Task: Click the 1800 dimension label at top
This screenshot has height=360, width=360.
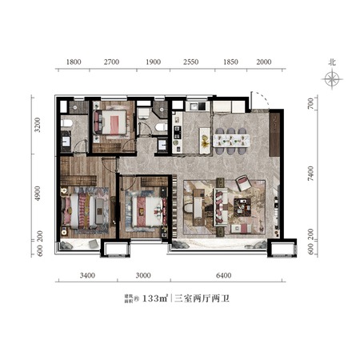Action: (x=74, y=62)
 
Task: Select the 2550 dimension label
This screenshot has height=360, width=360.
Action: (x=191, y=62)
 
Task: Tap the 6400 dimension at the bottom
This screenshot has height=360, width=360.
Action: (x=223, y=275)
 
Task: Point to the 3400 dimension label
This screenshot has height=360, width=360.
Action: (x=87, y=275)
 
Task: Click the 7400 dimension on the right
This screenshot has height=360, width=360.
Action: (x=310, y=174)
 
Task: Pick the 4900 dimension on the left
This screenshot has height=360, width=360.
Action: (x=38, y=194)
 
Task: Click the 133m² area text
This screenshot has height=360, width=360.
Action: (x=155, y=298)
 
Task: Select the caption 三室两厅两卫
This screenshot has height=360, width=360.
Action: (x=202, y=298)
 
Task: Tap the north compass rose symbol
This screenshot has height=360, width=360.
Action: (x=332, y=79)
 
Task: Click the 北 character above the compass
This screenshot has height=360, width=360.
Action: (x=332, y=62)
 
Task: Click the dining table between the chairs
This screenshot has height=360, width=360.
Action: (x=231, y=141)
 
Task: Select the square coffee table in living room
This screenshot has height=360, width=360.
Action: (x=242, y=207)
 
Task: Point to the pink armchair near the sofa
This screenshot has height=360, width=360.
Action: (x=243, y=182)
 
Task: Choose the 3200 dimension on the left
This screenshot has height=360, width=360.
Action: (x=38, y=125)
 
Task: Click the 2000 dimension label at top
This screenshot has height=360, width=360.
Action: (x=264, y=62)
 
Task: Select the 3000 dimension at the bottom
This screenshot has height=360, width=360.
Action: (x=143, y=275)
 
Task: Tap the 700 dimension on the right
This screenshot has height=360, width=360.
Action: (x=310, y=103)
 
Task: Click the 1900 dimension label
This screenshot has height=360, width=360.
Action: (x=154, y=62)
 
